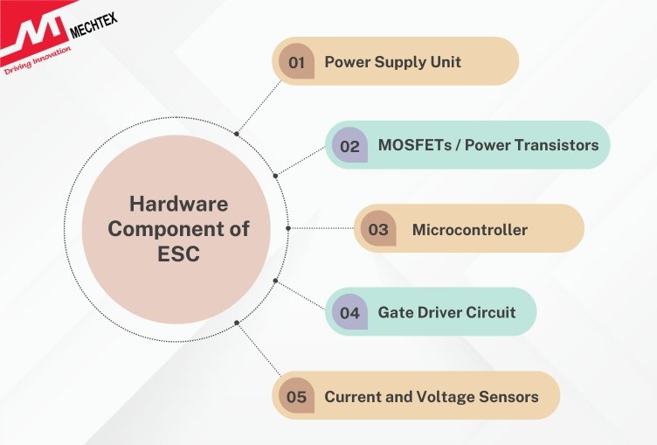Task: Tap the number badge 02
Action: pyautogui.click(x=349, y=146)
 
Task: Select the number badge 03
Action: pyautogui.click(x=377, y=230)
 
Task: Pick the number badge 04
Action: pyautogui.click(x=349, y=312)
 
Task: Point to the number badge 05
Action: pyautogui.click(x=296, y=397)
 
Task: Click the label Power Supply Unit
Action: pyautogui.click(x=392, y=62)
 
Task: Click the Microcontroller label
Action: pyautogui.click(x=469, y=230)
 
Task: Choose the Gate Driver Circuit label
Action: pyautogui.click(x=446, y=312)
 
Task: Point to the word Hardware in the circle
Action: pyautogui.click(x=178, y=205)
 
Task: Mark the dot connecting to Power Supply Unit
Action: pyautogui.click(x=237, y=134)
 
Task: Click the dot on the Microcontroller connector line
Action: pyautogui.click(x=290, y=227)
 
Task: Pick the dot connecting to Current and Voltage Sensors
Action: pyautogui.click(x=237, y=323)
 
